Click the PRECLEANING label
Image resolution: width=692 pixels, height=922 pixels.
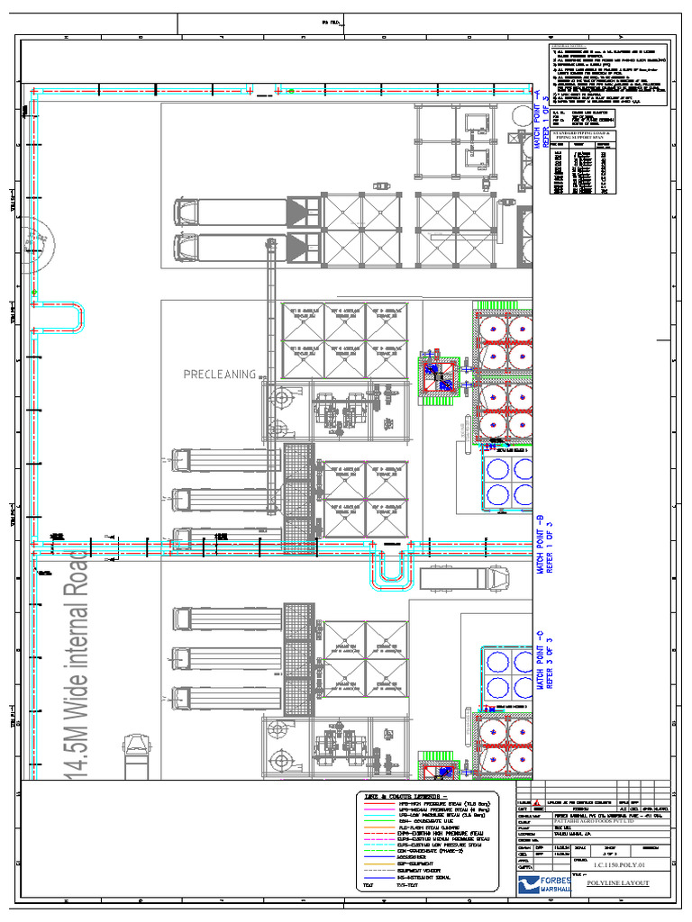220,375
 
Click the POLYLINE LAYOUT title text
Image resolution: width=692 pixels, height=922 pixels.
617,883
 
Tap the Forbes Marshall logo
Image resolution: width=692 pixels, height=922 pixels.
541,884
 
